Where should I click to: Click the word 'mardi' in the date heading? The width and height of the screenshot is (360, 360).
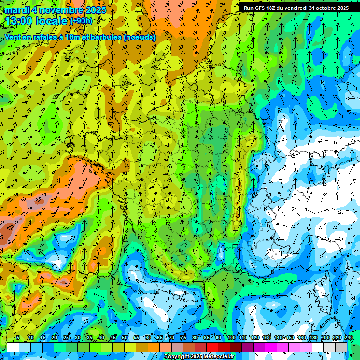(16, 10)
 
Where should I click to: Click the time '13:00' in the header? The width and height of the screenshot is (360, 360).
(21, 21)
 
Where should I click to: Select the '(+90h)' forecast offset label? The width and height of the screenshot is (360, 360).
(81, 21)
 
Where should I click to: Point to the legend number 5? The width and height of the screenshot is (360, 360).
(18, 338)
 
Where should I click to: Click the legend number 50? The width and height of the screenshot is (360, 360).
(125, 338)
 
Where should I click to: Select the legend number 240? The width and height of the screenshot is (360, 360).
(349, 338)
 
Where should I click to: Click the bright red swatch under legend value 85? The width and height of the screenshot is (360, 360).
(213, 347)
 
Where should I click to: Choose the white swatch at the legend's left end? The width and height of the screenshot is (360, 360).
(13, 347)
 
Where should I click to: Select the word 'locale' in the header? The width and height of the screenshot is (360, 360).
(52, 21)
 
